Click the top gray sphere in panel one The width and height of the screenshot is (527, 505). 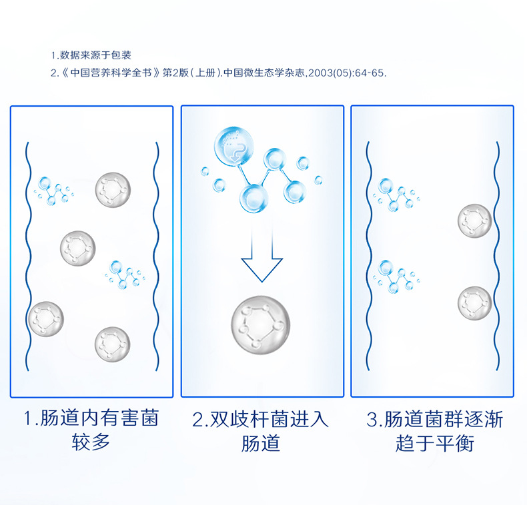coord(113,189)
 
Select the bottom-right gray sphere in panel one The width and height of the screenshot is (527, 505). coord(112,343)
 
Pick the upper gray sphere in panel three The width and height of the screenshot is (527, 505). coord(475,221)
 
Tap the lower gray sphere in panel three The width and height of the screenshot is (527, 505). coord(475,303)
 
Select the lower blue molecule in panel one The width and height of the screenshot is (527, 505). coord(125,274)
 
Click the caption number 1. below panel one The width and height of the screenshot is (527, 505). coord(30,420)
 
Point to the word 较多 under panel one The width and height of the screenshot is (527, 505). coord(91,443)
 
